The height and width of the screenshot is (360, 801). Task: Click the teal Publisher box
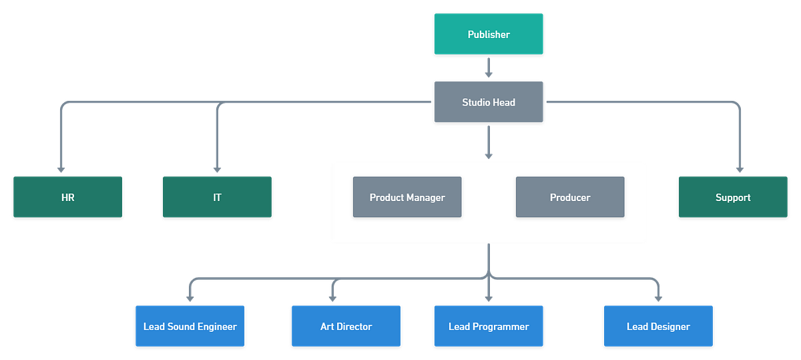pyautogui.click(x=489, y=34)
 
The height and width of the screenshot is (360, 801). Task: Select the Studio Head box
pyautogui.click(x=489, y=102)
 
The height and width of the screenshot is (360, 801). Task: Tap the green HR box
pyautogui.click(x=67, y=197)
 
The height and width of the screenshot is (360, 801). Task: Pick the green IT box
pyautogui.click(x=217, y=197)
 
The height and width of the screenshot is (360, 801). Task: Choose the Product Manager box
pyautogui.click(x=407, y=197)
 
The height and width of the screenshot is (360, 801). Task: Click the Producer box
pyautogui.click(x=570, y=197)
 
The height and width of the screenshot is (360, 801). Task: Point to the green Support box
pyautogui.click(x=733, y=197)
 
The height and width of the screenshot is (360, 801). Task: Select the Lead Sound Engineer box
pyautogui.click(x=190, y=327)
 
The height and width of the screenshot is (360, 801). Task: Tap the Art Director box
pyautogui.click(x=346, y=327)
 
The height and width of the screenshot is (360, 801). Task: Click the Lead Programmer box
pyautogui.click(x=489, y=327)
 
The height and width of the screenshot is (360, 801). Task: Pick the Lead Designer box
pyautogui.click(x=658, y=327)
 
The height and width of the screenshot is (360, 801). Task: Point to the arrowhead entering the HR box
pyautogui.click(x=61, y=168)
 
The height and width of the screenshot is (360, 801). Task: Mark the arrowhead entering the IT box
pyautogui.click(x=217, y=168)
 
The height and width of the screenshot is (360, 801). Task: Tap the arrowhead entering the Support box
pyautogui.click(x=739, y=168)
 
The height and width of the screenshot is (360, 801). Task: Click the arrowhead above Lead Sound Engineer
pyautogui.click(x=190, y=297)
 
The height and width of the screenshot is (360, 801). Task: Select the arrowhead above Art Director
pyautogui.click(x=332, y=297)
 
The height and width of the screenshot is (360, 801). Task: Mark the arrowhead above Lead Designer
pyautogui.click(x=657, y=297)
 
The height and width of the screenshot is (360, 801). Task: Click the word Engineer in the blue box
pyautogui.click(x=215, y=327)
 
